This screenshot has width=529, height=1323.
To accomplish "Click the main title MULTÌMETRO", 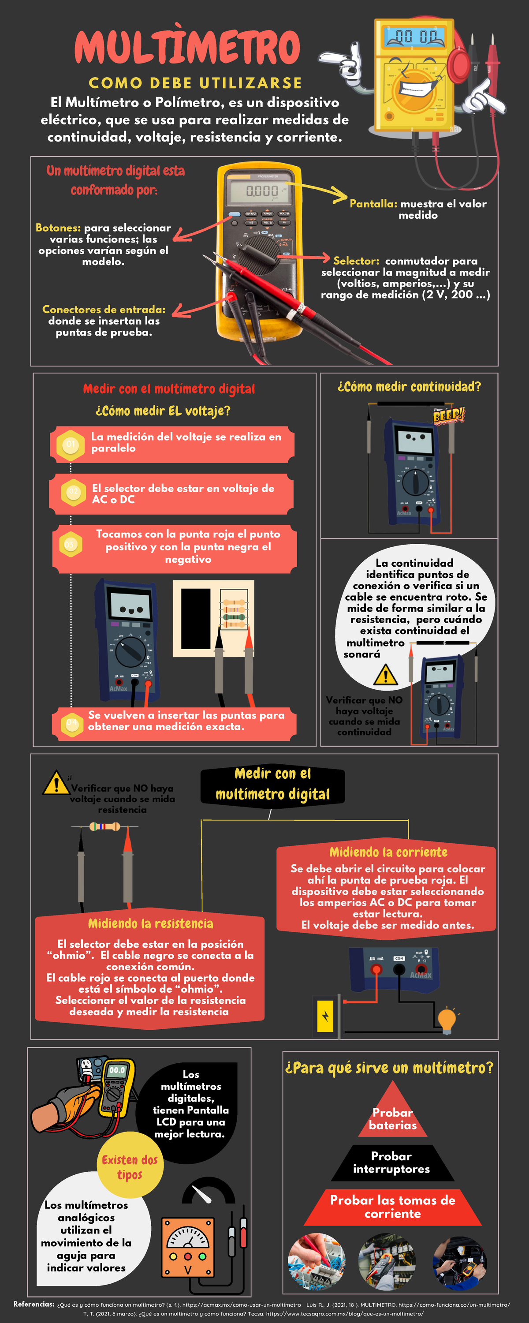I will point(187,47).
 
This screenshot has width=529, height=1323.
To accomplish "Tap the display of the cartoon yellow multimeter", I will point(416,37).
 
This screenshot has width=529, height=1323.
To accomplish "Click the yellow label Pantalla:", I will point(373,204).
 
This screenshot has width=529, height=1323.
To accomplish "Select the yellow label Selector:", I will point(356,261).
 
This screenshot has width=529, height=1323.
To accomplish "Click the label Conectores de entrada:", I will point(104,309).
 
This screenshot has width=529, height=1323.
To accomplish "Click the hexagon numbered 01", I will point(71,444).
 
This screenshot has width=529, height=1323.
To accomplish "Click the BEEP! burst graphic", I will point(448,415).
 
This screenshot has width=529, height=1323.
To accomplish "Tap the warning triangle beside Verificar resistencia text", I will point(56,783).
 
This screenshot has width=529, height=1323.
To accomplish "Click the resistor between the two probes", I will point(105,826).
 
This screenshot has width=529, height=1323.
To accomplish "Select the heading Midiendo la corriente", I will point(388,852).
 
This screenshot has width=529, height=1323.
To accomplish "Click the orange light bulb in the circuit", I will point(446,1020).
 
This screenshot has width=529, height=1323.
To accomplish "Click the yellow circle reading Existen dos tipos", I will point(130,1167).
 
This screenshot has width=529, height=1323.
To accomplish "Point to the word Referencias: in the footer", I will point(34,1304).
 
